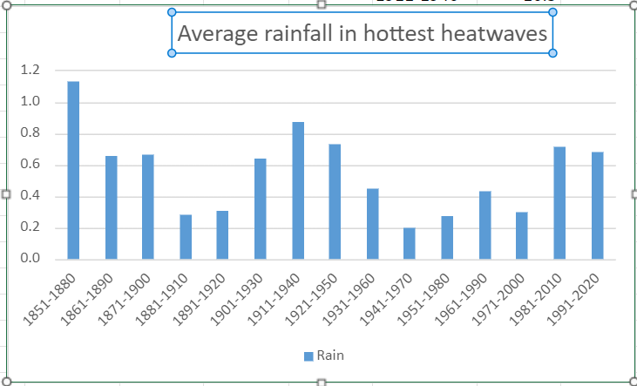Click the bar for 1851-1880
coord(73,170)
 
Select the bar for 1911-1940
coord(298,190)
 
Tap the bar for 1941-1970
coord(410,243)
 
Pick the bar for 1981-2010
coord(559,202)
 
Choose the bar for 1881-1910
coord(186,236)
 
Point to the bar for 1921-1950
coord(335,201)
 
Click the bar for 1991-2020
coord(597,205)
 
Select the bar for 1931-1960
coord(372,224)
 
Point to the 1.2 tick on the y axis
coord(31,71)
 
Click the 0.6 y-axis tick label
coord(31,165)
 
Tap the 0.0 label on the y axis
coord(31,259)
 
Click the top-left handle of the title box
coord(171,12)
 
